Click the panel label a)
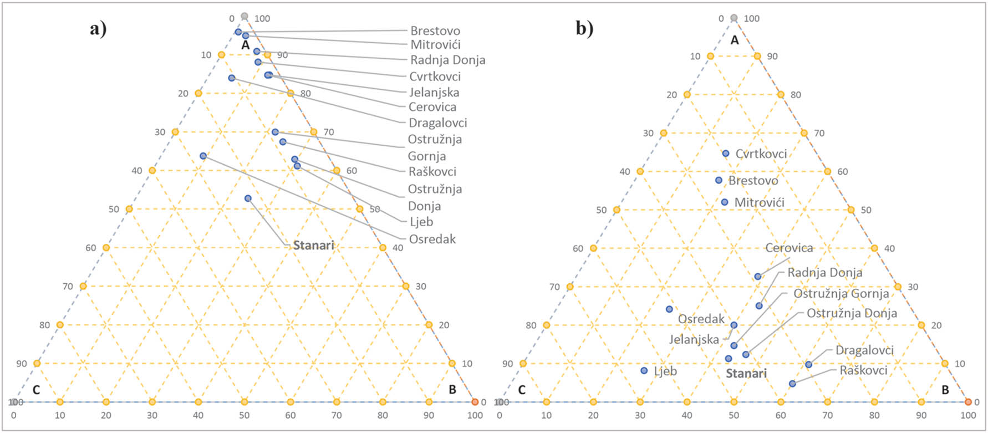[x=98, y=28]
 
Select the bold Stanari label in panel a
[x=313, y=245]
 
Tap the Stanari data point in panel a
[x=248, y=198]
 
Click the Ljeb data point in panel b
[x=644, y=370]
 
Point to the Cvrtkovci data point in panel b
[x=726, y=154]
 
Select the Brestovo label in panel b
[x=753, y=181]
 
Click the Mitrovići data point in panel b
[x=725, y=202]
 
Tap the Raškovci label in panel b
[x=863, y=370]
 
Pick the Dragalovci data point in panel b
[x=808, y=364]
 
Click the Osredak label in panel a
[x=432, y=239]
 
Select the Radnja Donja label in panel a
[x=447, y=60]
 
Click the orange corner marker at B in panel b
[x=968, y=401]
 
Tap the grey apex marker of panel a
[x=245, y=17]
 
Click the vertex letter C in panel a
[x=36, y=390]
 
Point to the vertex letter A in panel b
[x=735, y=40]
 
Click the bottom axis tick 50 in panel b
[x=734, y=415]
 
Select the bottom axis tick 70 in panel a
[x=337, y=415]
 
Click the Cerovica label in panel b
[x=789, y=248]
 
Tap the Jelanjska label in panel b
[x=694, y=339]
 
